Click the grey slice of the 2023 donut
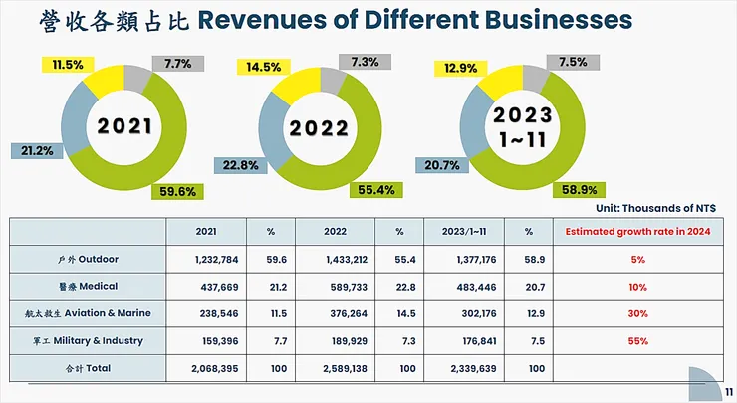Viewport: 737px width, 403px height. pos(534,77)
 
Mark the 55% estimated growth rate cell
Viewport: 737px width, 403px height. pos(637,341)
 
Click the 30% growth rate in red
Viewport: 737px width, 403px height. pos(637,313)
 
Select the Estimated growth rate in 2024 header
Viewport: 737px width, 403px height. pos(637,230)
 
